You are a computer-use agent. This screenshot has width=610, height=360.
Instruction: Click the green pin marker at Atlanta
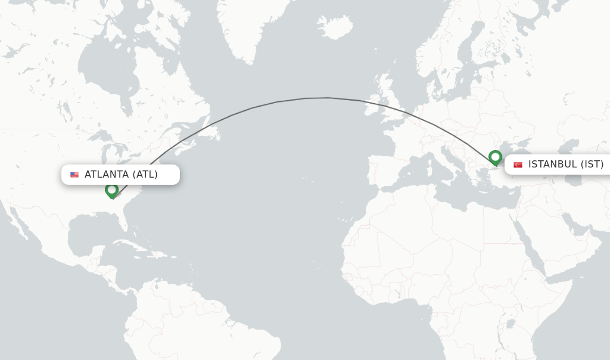pyautogui.click(x=111, y=190)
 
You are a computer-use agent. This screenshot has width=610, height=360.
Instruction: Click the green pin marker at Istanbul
pyautogui.click(x=495, y=157)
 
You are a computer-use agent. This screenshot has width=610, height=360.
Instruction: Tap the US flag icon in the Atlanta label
pyautogui.click(x=74, y=175)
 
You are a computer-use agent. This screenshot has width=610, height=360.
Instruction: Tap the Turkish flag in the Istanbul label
pyautogui.click(x=518, y=165)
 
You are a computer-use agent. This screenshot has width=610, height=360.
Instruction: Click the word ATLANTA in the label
pyautogui.click(x=107, y=175)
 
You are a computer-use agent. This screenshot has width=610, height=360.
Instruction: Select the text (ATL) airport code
pyautogui.click(x=145, y=175)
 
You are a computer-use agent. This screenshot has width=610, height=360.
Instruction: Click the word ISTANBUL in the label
pyautogui.click(x=552, y=165)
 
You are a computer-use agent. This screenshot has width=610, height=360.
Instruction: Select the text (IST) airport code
pyautogui.click(x=592, y=165)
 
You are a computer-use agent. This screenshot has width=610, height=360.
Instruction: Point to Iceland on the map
pyautogui.click(x=335, y=27)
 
